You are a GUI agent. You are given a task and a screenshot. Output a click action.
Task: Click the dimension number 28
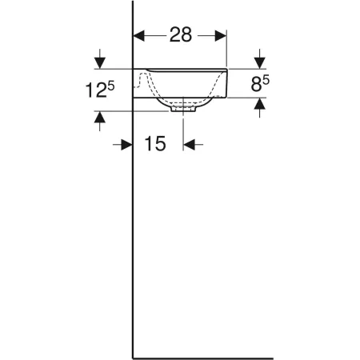tap(181, 34)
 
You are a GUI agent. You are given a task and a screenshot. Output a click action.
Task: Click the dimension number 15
tap(155, 144)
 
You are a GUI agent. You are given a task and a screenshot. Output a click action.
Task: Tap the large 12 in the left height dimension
tap(95, 90)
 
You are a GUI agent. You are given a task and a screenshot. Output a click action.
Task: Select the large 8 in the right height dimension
tap(256, 84)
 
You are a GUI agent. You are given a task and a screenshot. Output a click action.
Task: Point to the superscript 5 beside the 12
tap(110, 86)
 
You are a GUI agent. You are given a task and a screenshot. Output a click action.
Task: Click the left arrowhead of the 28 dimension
tap(138, 36)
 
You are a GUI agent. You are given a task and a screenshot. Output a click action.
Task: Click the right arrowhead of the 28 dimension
tap(221, 36)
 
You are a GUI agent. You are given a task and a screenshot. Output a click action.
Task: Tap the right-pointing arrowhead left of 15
tap(126, 145)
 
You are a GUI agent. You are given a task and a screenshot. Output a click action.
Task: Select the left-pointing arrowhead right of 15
tap(189, 145)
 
